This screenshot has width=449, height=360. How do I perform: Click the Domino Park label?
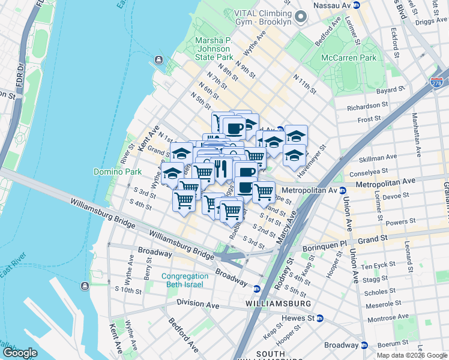click(117, 172)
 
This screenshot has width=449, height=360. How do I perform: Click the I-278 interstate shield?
click(437, 82)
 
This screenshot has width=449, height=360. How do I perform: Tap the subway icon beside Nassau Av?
click(355, 4)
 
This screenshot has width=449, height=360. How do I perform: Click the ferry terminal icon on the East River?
click(158, 59)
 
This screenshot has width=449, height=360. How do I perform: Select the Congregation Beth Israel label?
click(182, 280)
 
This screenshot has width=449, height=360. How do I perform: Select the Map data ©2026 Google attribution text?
click(412, 355)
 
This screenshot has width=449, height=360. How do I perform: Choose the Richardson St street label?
click(368, 106)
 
